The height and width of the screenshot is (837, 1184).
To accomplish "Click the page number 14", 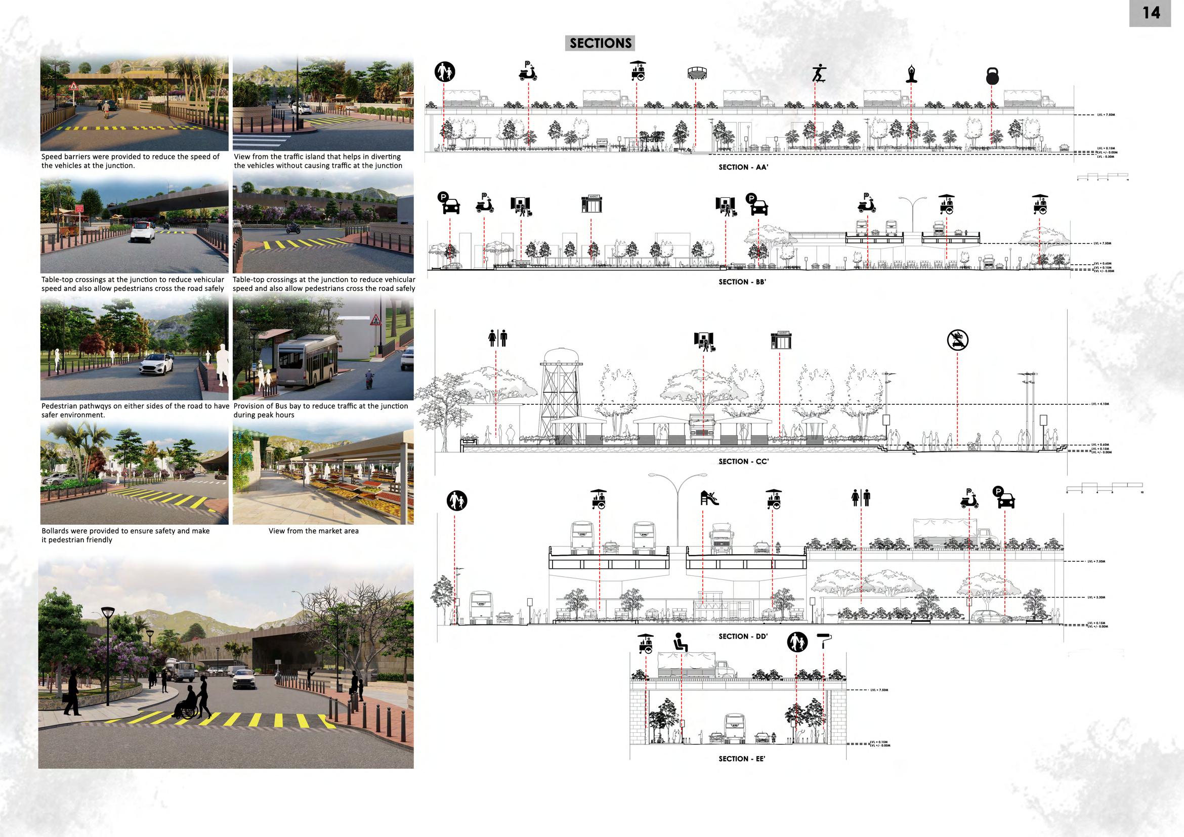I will (1151, 13).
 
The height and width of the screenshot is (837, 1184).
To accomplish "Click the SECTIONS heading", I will (600, 44).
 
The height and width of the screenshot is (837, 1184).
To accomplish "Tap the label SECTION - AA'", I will (743, 167).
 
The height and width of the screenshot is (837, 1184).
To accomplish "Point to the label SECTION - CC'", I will (743, 462).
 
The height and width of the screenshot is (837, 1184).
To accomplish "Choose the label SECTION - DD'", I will (743, 637).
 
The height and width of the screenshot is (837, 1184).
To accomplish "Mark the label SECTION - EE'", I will (742, 759).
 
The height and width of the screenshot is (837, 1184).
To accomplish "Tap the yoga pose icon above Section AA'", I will (911, 74).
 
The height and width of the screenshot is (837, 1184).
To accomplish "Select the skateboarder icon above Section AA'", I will (818, 73).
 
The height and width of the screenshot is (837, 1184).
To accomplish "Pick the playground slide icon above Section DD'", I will (709, 498).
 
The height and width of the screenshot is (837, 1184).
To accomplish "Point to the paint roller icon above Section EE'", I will (824, 641).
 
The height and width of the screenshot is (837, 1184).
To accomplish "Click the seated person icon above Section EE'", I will (680, 643).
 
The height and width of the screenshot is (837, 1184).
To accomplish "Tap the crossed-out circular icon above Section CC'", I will (958, 341).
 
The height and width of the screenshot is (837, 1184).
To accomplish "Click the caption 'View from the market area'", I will (313, 531).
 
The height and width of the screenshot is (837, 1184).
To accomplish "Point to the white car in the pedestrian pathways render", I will (156, 364).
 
